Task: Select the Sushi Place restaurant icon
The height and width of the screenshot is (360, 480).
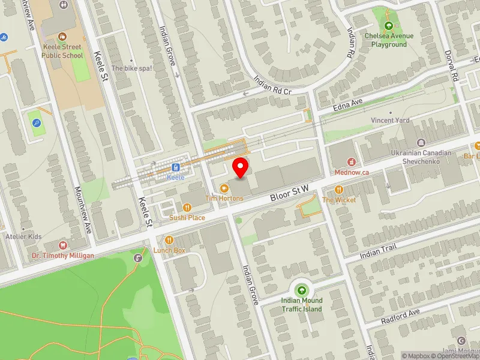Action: pos(187,208)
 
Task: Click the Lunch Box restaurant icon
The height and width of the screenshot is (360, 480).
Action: pos(169,240)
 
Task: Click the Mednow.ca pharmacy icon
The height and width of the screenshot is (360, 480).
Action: pos(352,161)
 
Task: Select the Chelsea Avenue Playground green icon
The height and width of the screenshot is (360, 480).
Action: pos(389,26)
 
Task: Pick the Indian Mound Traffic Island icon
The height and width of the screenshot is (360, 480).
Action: pos(302,291)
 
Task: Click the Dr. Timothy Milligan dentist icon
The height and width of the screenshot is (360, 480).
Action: pos(63,245)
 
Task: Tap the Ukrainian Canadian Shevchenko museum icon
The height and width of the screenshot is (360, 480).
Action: pos(421,143)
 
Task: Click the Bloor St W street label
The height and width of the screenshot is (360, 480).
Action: pos(289,192)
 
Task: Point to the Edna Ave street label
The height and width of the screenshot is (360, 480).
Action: pos(348,106)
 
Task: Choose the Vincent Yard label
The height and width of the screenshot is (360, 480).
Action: pos(390,120)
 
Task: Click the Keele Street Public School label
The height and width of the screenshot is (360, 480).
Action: pos(62,51)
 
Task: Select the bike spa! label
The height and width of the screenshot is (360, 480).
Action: pos(132,68)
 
